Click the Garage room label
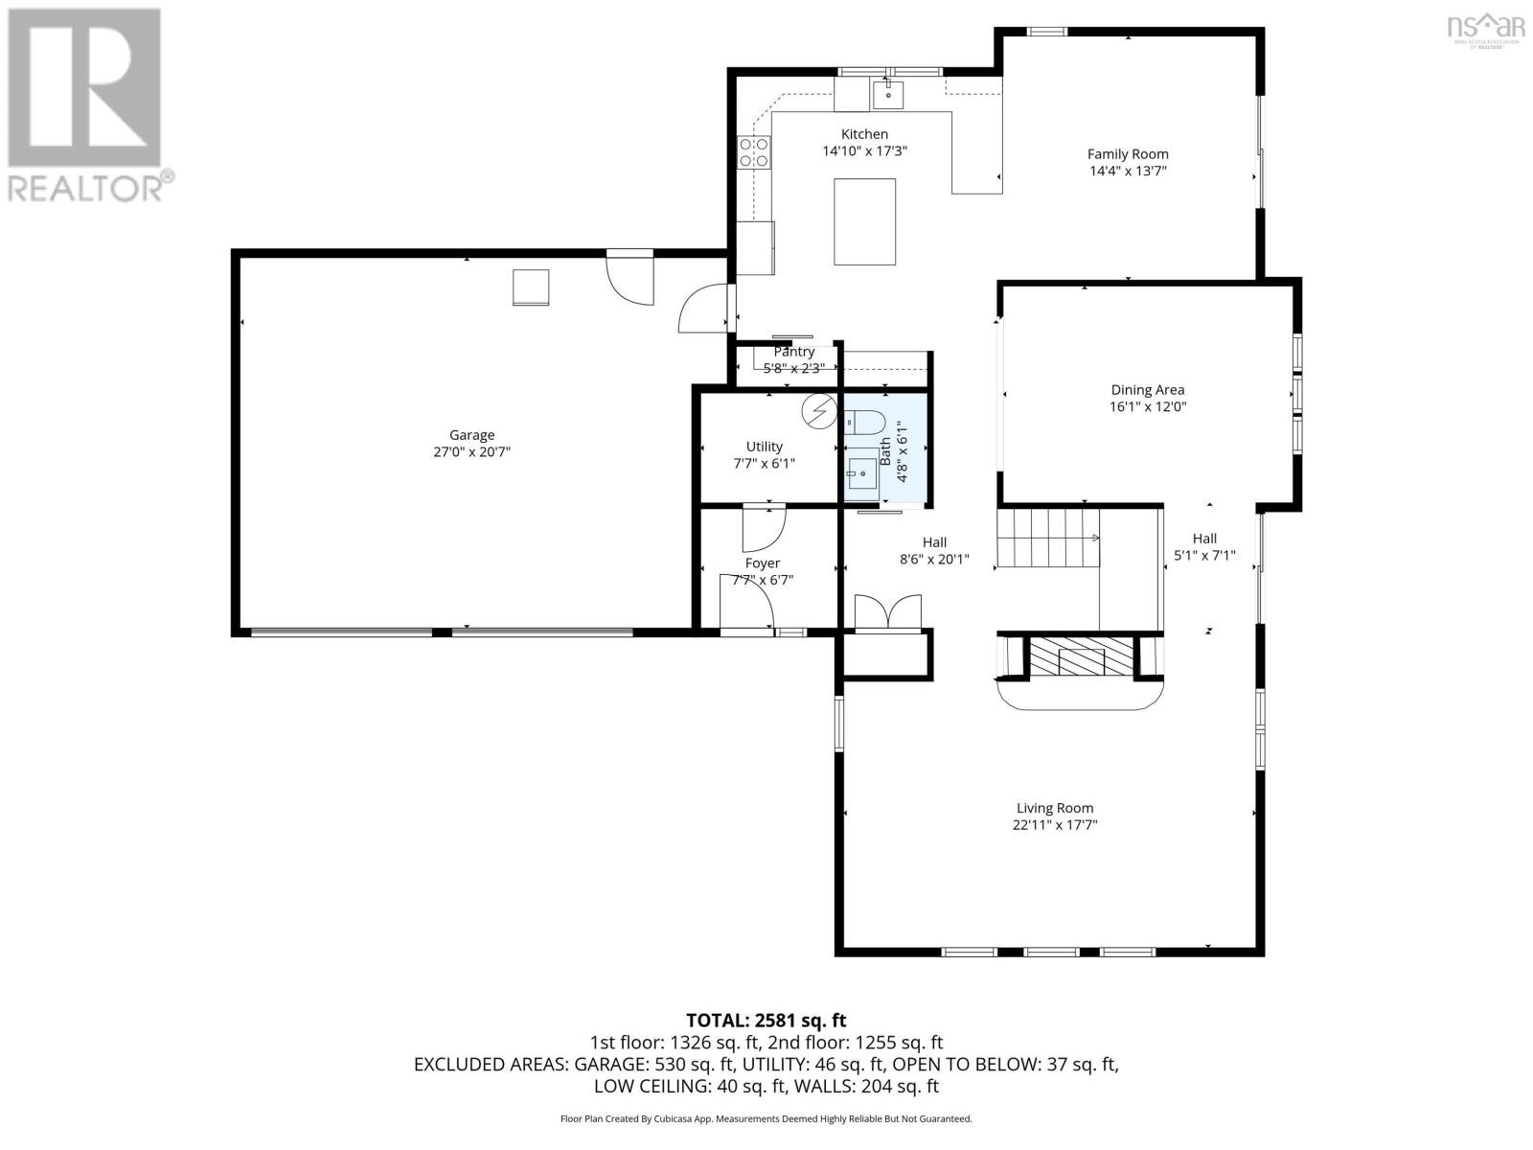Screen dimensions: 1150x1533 471,435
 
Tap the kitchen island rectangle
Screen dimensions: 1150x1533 864,221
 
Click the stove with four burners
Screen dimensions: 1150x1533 754,152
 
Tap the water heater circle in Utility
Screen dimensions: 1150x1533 817,412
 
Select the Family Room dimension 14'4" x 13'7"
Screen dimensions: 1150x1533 1127,171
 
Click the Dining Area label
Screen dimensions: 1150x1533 1147,389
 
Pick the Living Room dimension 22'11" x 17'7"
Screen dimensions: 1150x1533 1054,824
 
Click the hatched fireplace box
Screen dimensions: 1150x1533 1081,657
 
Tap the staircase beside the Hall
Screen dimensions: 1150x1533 1046,539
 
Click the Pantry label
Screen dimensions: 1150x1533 794,352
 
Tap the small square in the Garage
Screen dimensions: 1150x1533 532,287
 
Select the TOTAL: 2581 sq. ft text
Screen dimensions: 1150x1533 766,1021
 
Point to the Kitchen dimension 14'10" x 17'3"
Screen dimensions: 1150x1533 864,150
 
